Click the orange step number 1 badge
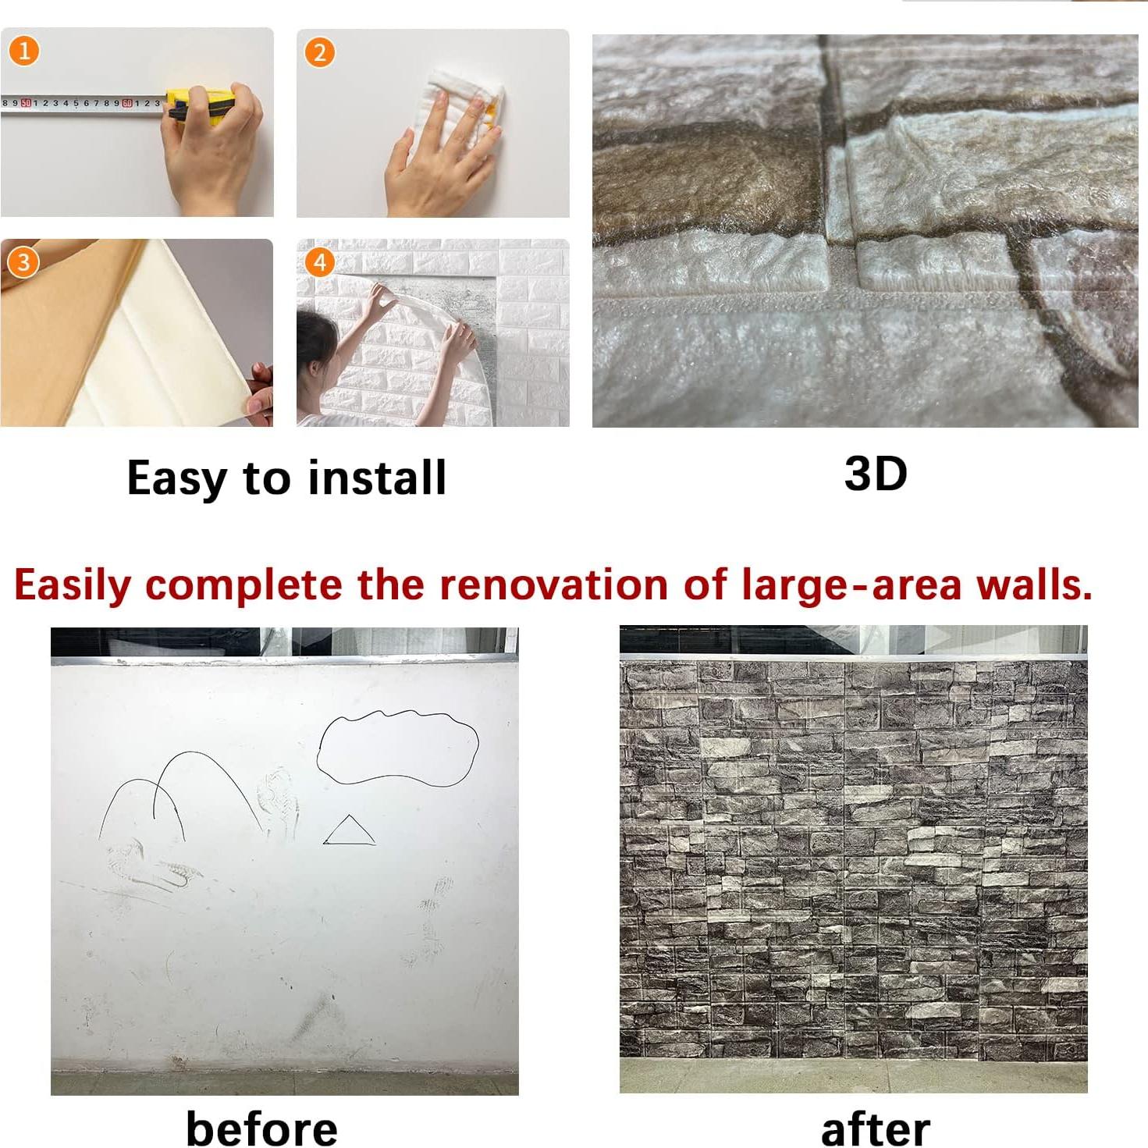click(x=23, y=52)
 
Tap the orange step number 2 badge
click(x=319, y=52)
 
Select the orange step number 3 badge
click(x=23, y=262)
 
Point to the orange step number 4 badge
click(x=319, y=262)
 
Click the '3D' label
click(x=875, y=473)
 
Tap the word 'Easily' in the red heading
click(x=72, y=585)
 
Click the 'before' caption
click(x=261, y=1128)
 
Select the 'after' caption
click(x=875, y=1129)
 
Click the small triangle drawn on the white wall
click(x=349, y=833)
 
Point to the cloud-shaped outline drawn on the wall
click(x=398, y=747)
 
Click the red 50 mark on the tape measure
click(x=26, y=102)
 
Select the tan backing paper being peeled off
click(x=62, y=328)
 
